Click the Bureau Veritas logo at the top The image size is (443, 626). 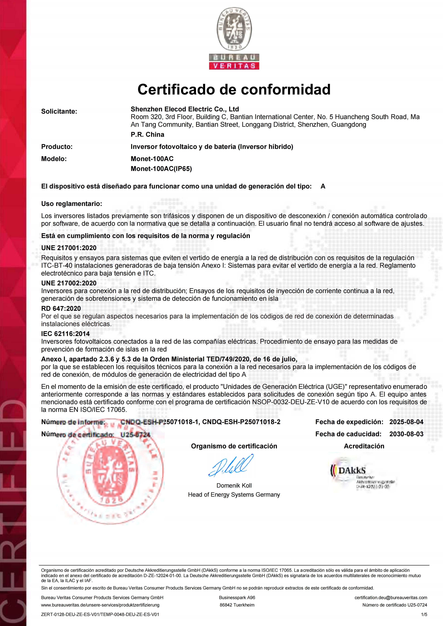pyautogui.click(x=234, y=38)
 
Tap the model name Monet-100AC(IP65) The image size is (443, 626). pyautogui.click(x=161, y=169)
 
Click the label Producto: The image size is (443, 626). pyautogui.click(x=57, y=147)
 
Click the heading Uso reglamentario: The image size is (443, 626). pyautogui.click(x=71, y=204)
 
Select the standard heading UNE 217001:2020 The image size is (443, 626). pyautogui.click(x=69, y=248)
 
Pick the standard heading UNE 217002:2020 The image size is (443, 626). pyautogui.click(x=69, y=283)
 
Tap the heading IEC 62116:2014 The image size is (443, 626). pyautogui.click(x=65, y=334)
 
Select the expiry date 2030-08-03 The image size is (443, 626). pyautogui.click(x=406, y=434)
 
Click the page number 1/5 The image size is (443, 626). pyautogui.click(x=424, y=615)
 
